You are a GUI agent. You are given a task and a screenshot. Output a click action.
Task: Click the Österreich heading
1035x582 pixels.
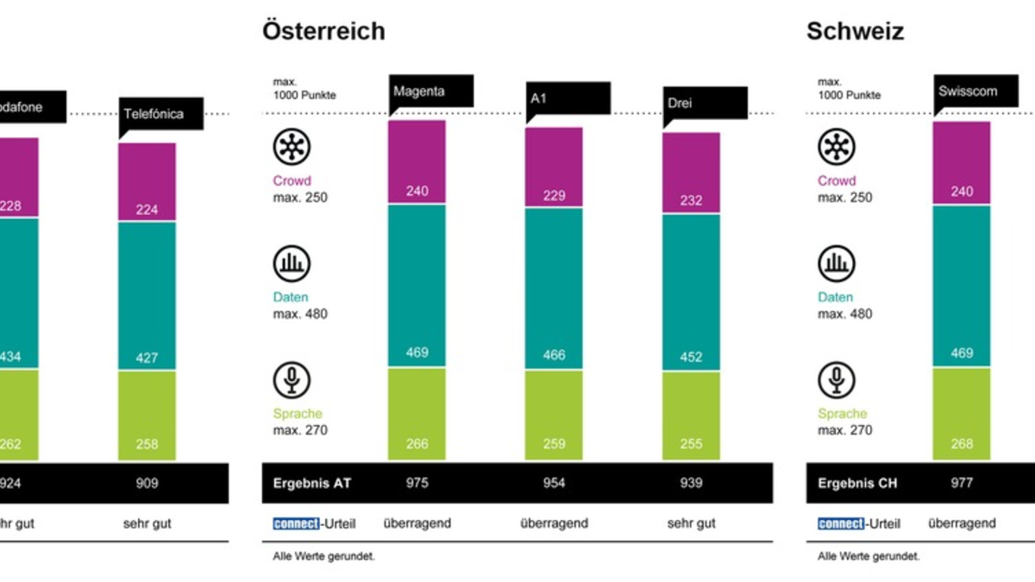pyautogui.click(x=323, y=32)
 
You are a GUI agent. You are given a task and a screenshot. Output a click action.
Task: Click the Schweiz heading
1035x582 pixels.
pyautogui.click(x=855, y=32)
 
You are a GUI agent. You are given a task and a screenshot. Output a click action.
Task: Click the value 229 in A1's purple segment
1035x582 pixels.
pyautogui.click(x=554, y=196)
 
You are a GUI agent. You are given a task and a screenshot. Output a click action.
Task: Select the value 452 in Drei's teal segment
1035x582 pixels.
pyautogui.click(x=691, y=357)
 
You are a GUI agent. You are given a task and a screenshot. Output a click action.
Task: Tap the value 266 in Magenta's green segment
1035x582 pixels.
pyautogui.click(x=417, y=444)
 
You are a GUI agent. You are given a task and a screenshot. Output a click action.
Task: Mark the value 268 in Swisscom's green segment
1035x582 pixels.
pyautogui.click(x=961, y=444)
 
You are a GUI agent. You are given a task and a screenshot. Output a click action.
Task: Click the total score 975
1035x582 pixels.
pyautogui.click(x=417, y=483)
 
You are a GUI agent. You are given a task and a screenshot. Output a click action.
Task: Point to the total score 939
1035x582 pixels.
pyautogui.click(x=691, y=483)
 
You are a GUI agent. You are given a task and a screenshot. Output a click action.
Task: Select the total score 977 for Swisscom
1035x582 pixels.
pyautogui.click(x=961, y=483)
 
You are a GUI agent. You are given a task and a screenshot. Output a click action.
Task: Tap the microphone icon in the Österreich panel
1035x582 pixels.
pyautogui.click(x=292, y=380)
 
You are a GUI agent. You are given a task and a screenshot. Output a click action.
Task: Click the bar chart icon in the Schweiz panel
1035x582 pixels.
pyautogui.click(x=836, y=264)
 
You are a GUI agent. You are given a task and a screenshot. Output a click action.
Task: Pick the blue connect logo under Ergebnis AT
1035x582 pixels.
pyautogui.click(x=296, y=523)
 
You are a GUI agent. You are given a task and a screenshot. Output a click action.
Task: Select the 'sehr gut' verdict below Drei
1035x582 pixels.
pyautogui.click(x=691, y=523)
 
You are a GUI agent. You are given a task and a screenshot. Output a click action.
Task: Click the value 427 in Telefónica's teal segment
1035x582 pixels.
pyautogui.click(x=147, y=357)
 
